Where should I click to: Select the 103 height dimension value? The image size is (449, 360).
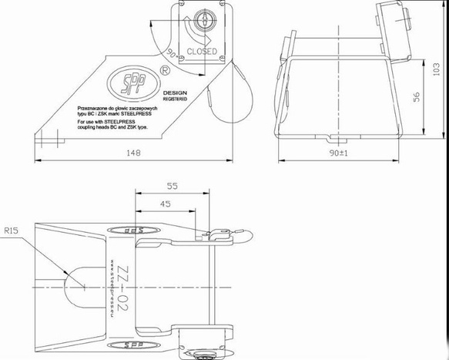point(437,70)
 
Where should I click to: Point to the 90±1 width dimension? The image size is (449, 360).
point(339,153)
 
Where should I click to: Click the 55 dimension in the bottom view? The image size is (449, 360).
point(172,186)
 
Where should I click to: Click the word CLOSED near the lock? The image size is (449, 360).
point(202,52)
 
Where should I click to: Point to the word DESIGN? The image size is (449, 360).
point(174,92)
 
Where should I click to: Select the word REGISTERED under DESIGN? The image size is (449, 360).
point(175,99)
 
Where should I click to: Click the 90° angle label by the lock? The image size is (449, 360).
point(171,54)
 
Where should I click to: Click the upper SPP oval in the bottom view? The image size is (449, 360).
point(136,230)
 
